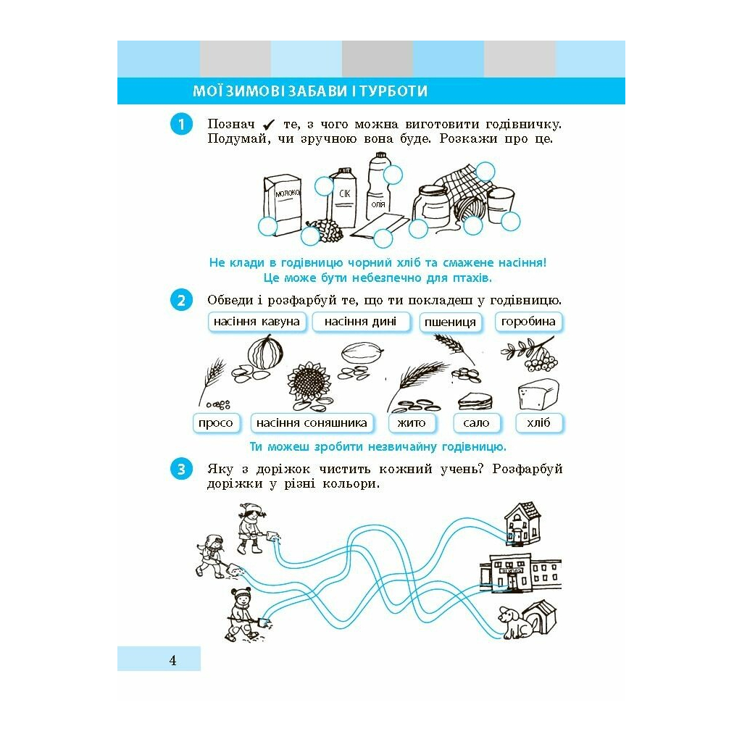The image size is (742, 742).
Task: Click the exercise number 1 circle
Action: coord(181,124)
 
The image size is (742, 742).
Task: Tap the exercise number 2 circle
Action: coord(181,300)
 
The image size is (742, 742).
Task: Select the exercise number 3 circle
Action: coord(181,469)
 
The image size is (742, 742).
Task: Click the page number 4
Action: coord(172,660)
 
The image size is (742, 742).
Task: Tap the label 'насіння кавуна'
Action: coord(257,322)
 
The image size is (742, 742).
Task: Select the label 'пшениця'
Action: coord(451,322)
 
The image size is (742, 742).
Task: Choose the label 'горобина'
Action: coord(528,322)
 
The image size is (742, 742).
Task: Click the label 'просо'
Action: coord(216,422)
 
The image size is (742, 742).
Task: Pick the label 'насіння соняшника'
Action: coord(312,422)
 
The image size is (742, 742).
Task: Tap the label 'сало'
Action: coord(476,422)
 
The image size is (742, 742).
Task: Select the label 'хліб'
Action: coord(538,422)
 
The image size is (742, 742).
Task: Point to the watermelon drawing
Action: coord(265,352)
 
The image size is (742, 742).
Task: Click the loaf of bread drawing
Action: coord(538,394)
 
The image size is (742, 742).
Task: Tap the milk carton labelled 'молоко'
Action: coord(283,204)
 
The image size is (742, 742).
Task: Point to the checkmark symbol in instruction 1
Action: coord(269,125)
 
